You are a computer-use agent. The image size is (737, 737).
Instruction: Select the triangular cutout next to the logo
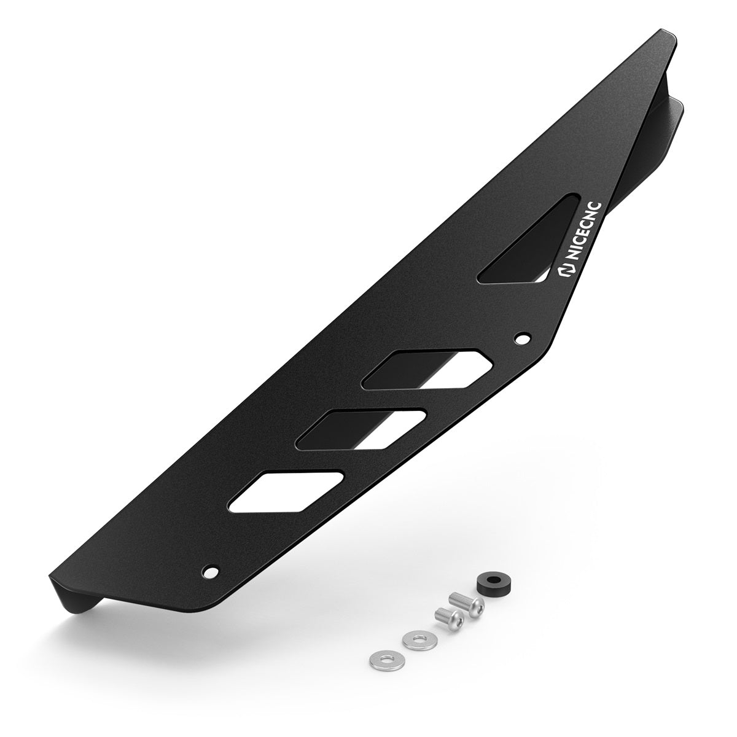528,246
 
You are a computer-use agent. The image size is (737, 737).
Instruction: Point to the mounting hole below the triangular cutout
523,337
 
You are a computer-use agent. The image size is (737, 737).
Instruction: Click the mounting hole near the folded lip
213,572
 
